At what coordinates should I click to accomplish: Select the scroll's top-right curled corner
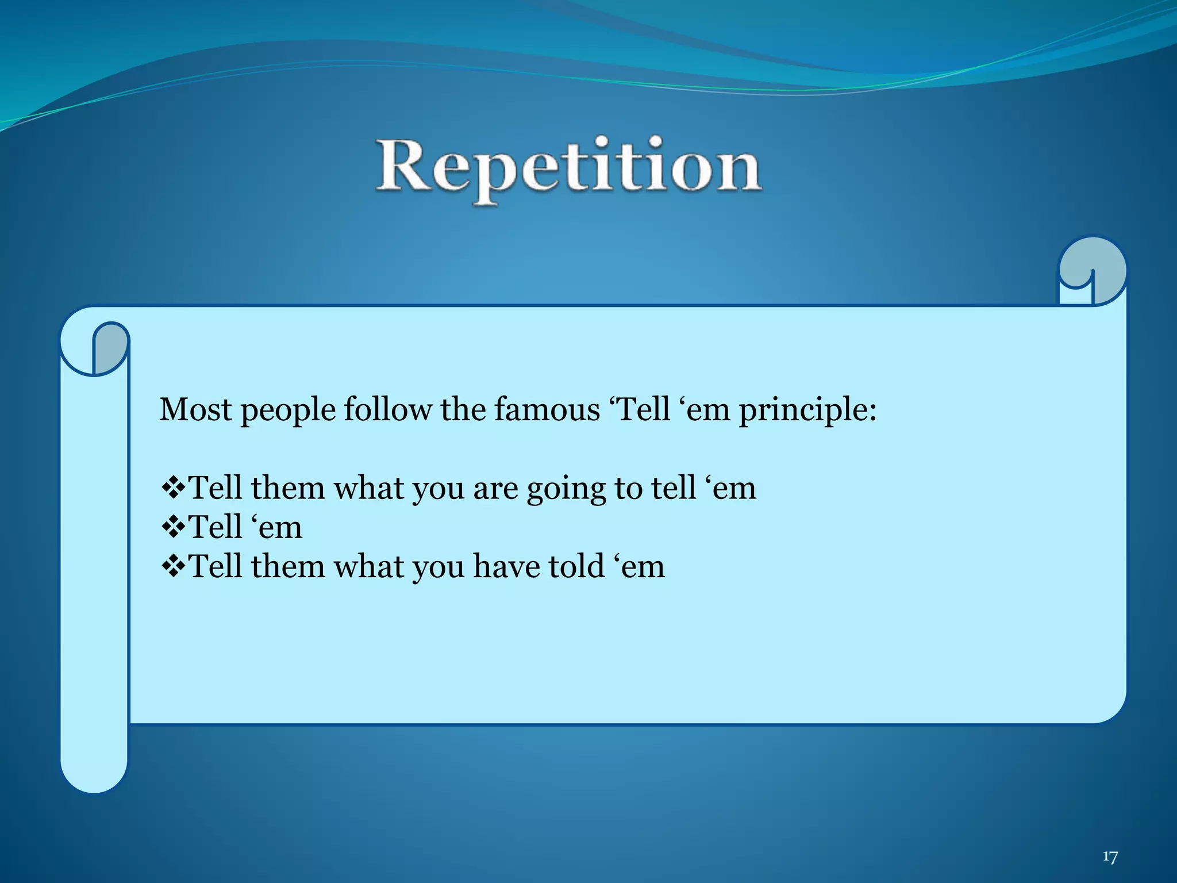pos(1092,270)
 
